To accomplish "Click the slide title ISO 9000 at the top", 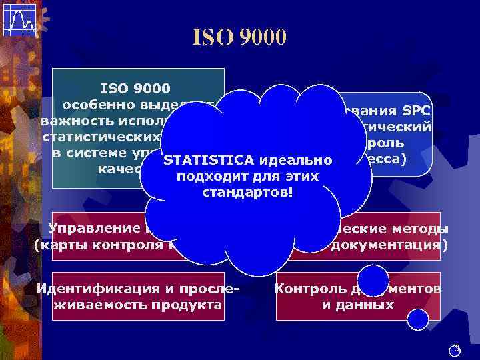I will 239,36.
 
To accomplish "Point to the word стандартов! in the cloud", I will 247,193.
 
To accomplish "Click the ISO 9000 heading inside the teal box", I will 136,87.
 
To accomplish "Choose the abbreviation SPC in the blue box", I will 415,110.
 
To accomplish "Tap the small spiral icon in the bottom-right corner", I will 455,349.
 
